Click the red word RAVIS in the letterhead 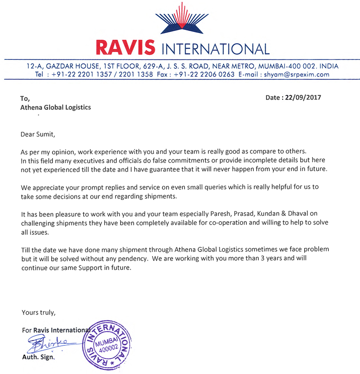[x=125, y=48]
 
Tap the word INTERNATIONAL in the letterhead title [x=216, y=49]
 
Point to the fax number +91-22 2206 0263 [x=204, y=75]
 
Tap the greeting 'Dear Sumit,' [x=38, y=134]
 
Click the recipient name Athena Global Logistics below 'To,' [x=56, y=107]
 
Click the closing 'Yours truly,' [x=38, y=313]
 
